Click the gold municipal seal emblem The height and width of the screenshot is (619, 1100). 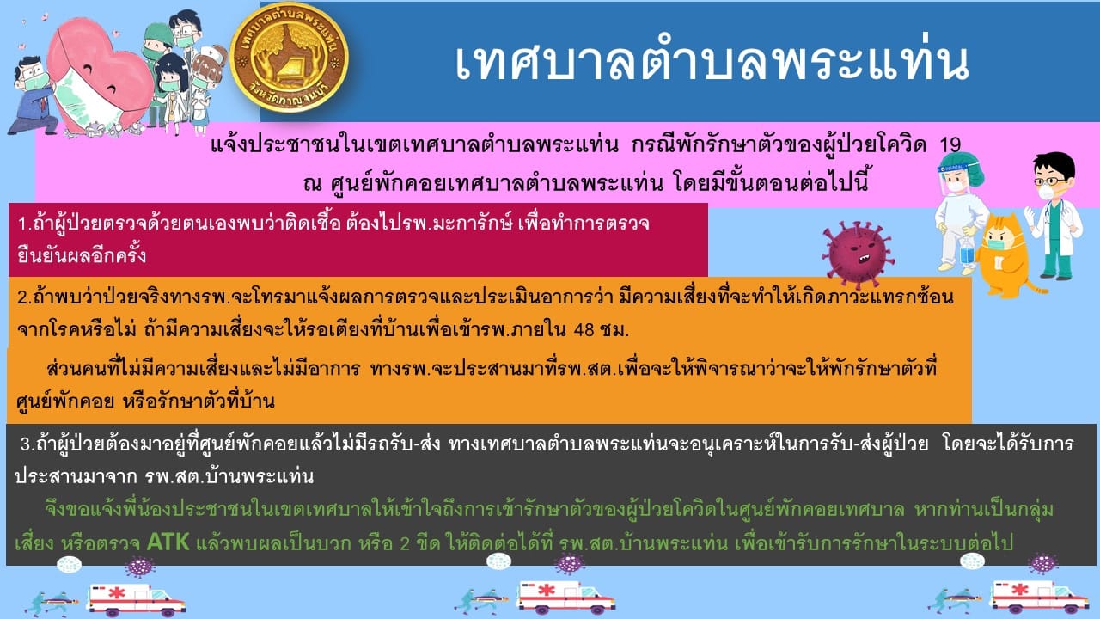click(x=289, y=58)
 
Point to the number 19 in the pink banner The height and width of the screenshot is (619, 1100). click(x=950, y=144)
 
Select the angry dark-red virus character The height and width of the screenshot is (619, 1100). click(x=858, y=253)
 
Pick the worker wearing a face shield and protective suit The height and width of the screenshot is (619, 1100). click(x=960, y=212)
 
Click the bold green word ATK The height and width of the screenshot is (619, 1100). click(x=168, y=542)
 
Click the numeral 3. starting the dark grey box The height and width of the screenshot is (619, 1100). click(x=27, y=444)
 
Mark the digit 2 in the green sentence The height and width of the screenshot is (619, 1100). click(x=405, y=543)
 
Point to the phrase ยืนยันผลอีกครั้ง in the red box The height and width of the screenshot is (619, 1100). click(x=82, y=255)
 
